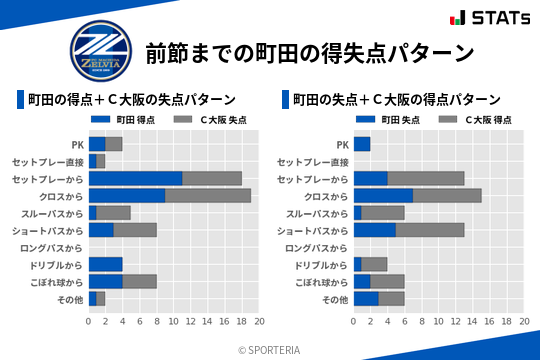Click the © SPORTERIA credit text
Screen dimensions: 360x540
pyautogui.click(x=270, y=350)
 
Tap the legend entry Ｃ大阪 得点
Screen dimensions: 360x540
pyautogui.click(x=477, y=119)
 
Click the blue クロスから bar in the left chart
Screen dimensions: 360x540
pyautogui.click(x=127, y=195)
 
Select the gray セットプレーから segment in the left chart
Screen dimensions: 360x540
pyautogui.click(x=212, y=178)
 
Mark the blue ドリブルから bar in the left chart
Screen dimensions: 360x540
pyautogui.click(x=105, y=264)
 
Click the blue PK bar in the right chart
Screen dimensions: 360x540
pyautogui.click(x=362, y=144)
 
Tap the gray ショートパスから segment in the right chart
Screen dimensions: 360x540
pyautogui.click(x=430, y=230)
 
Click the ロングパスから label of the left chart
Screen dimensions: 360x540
pyautogui.click(x=51, y=247)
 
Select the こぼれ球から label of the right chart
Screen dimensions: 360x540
pyautogui.click(x=318, y=282)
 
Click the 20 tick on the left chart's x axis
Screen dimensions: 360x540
pyautogui.click(x=259, y=322)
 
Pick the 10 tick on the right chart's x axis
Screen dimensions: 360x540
pyautogui.click(x=439, y=322)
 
